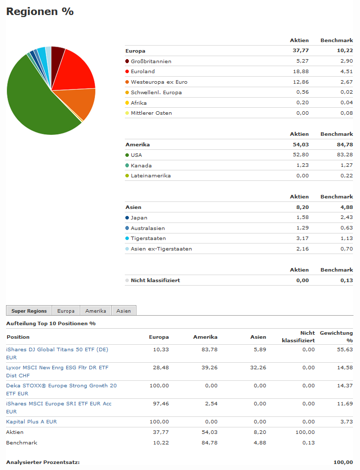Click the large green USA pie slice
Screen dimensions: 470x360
tap(35, 100)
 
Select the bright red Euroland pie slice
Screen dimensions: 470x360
tap(75, 70)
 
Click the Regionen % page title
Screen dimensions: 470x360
tap(40, 12)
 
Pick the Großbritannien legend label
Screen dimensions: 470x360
tap(151, 61)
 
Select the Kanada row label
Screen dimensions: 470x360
tap(141, 165)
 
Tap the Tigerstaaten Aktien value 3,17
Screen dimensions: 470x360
tap(303, 238)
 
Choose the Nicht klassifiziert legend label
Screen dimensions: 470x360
tap(155, 280)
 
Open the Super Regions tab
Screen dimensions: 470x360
tap(29, 311)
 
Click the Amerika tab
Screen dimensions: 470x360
tap(95, 311)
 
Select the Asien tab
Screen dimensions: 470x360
tap(123, 311)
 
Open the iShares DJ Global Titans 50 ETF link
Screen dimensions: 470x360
tap(57, 349)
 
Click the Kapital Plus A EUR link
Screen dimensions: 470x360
tap(32, 421)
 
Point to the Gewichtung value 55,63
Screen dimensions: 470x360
tap(346, 349)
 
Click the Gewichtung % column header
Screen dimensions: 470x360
tap(336, 336)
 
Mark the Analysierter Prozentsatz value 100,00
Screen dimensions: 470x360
tap(343, 462)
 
